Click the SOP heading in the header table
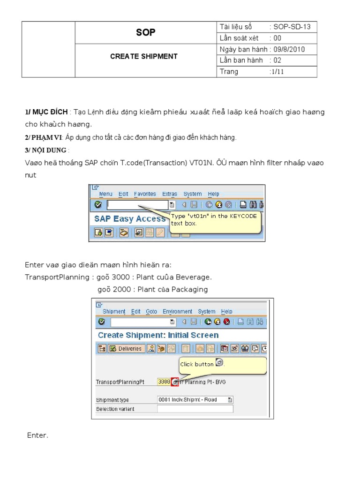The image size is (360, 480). tap(145, 32)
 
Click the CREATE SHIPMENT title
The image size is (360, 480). tap(143, 56)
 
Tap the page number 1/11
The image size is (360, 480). tap(277, 72)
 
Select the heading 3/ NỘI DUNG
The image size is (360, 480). tap(45, 150)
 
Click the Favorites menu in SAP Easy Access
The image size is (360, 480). tap(145, 194)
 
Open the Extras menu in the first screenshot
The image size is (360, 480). tap(170, 194)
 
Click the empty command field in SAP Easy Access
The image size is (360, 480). tap(137, 205)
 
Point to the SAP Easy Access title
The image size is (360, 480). tap(129, 219)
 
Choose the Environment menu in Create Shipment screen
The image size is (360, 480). tap(177, 312)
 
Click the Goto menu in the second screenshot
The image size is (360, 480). tap(151, 312)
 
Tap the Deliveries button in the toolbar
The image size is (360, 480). tap(126, 349)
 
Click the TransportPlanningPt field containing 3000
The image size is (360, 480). tap(164, 382)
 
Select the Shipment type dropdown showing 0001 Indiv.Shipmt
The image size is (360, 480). tap(195, 400)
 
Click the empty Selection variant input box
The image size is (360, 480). tap(195, 409)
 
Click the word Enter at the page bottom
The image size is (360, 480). tap(37, 435)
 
